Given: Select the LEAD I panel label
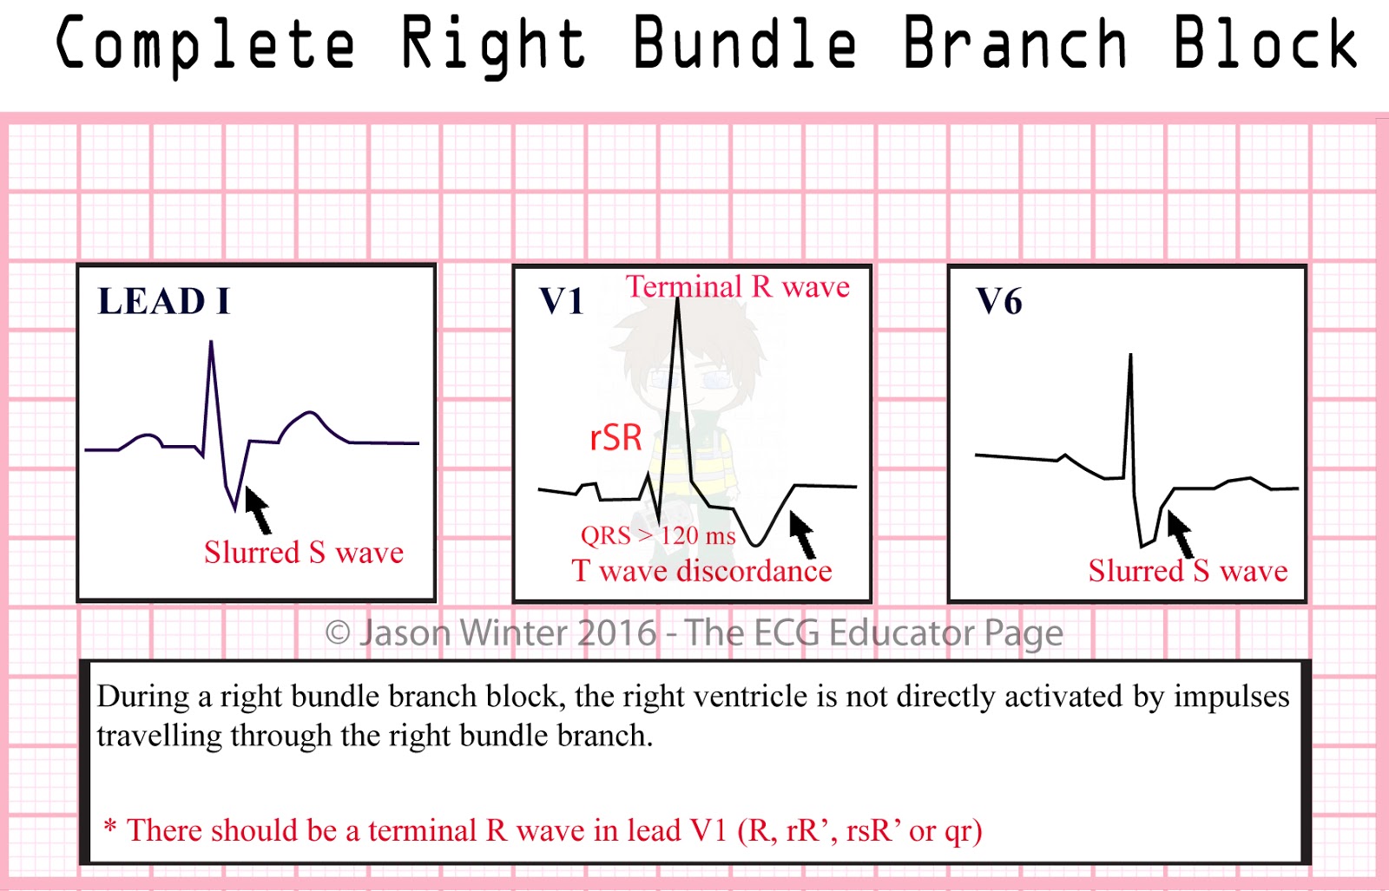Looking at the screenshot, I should click(x=163, y=302).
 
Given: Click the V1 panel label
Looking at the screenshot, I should click(x=562, y=302).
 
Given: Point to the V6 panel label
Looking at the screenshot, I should click(x=999, y=302).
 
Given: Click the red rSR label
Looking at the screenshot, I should click(x=616, y=438).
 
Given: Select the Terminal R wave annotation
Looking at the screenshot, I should click(x=738, y=286).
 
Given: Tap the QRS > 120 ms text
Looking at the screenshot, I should click(x=657, y=535).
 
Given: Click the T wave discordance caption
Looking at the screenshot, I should click(x=701, y=571).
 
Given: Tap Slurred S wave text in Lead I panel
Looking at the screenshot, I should click(x=304, y=553).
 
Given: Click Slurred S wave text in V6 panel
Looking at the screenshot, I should click(x=1188, y=571).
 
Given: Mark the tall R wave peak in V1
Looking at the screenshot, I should click(x=677, y=300).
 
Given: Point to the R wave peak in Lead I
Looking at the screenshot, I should click(x=211, y=344).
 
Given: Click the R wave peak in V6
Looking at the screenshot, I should click(x=1130, y=356).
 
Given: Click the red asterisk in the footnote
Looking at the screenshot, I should click(x=110, y=826).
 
